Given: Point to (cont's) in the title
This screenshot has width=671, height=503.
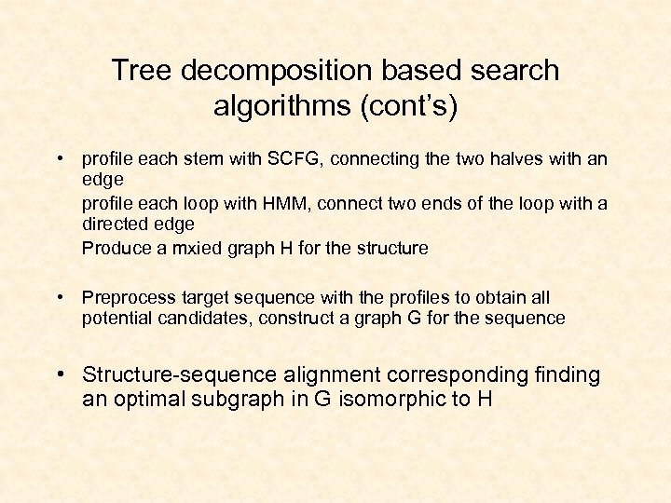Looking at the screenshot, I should (x=414, y=105).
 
